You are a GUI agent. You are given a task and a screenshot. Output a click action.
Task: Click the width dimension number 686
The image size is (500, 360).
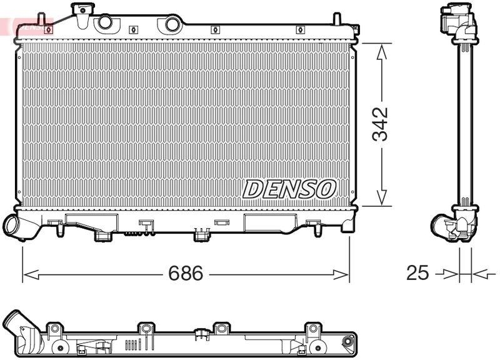coord(186,274)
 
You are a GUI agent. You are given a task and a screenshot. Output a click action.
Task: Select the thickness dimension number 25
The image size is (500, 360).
coord(417,273)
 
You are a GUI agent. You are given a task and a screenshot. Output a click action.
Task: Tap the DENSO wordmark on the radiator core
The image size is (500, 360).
coord(289,189)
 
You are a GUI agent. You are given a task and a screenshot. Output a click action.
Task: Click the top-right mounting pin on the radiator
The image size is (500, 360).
coord(356,28)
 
